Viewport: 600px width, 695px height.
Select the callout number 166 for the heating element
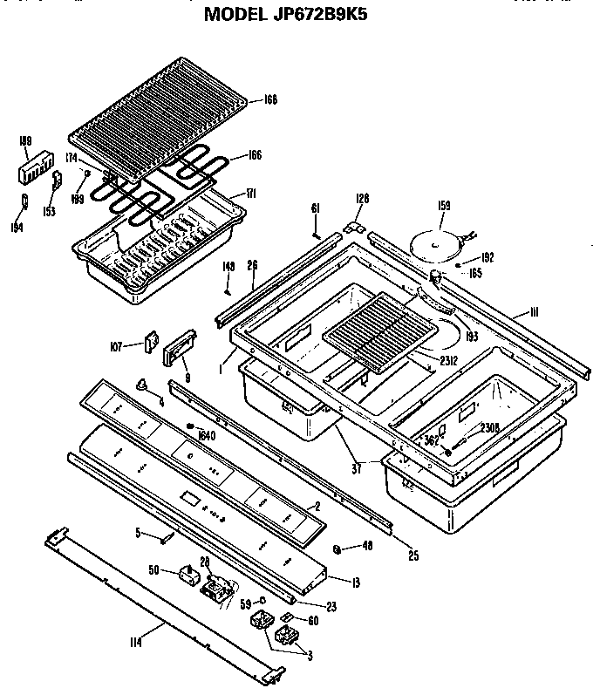pyautogui.click(x=253, y=156)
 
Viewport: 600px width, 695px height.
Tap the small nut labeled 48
pyautogui.click(x=337, y=548)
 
